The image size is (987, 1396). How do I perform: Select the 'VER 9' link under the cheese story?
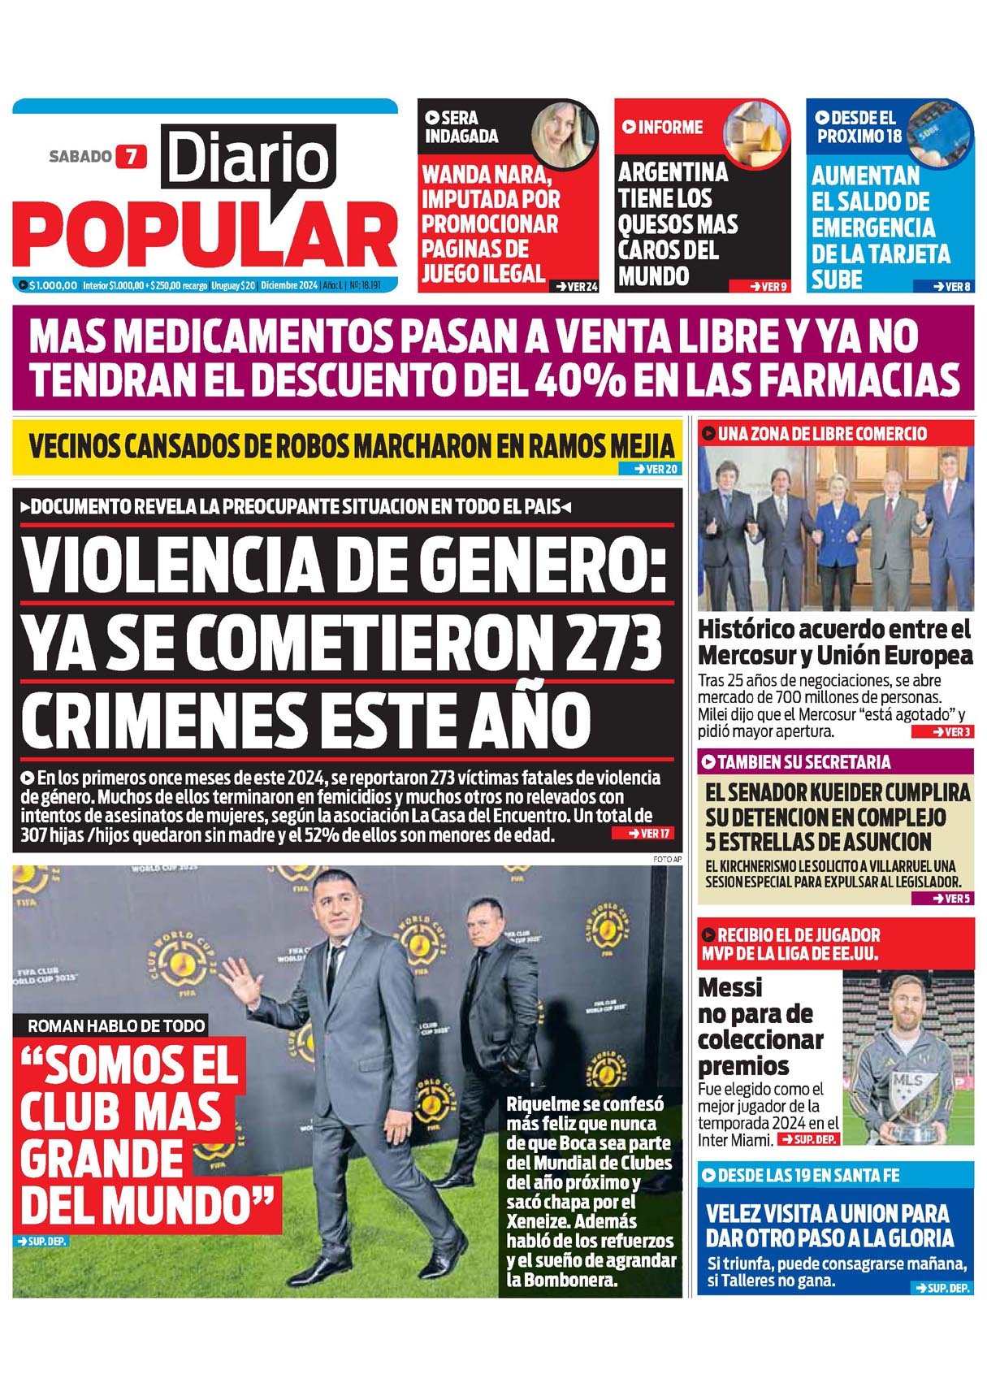(x=763, y=286)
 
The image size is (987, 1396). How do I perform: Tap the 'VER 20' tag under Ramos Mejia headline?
(x=650, y=469)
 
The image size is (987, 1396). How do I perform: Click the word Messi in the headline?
(x=730, y=987)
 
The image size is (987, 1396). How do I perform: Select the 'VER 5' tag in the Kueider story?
(x=942, y=899)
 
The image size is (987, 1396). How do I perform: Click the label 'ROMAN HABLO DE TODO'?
(x=116, y=1025)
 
